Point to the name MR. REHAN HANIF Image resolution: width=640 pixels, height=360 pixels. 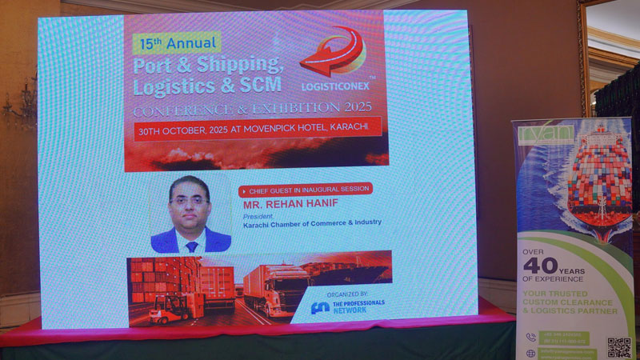point(284,203)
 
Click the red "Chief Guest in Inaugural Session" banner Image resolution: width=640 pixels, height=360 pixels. point(306,190)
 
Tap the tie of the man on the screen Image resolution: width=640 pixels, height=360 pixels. point(191,246)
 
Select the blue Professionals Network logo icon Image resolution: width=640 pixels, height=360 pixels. point(319,306)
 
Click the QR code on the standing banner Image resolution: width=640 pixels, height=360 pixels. point(618,347)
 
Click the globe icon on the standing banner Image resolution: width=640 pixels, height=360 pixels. point(530,353)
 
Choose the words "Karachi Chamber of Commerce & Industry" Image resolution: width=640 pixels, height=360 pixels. point(312,222)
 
